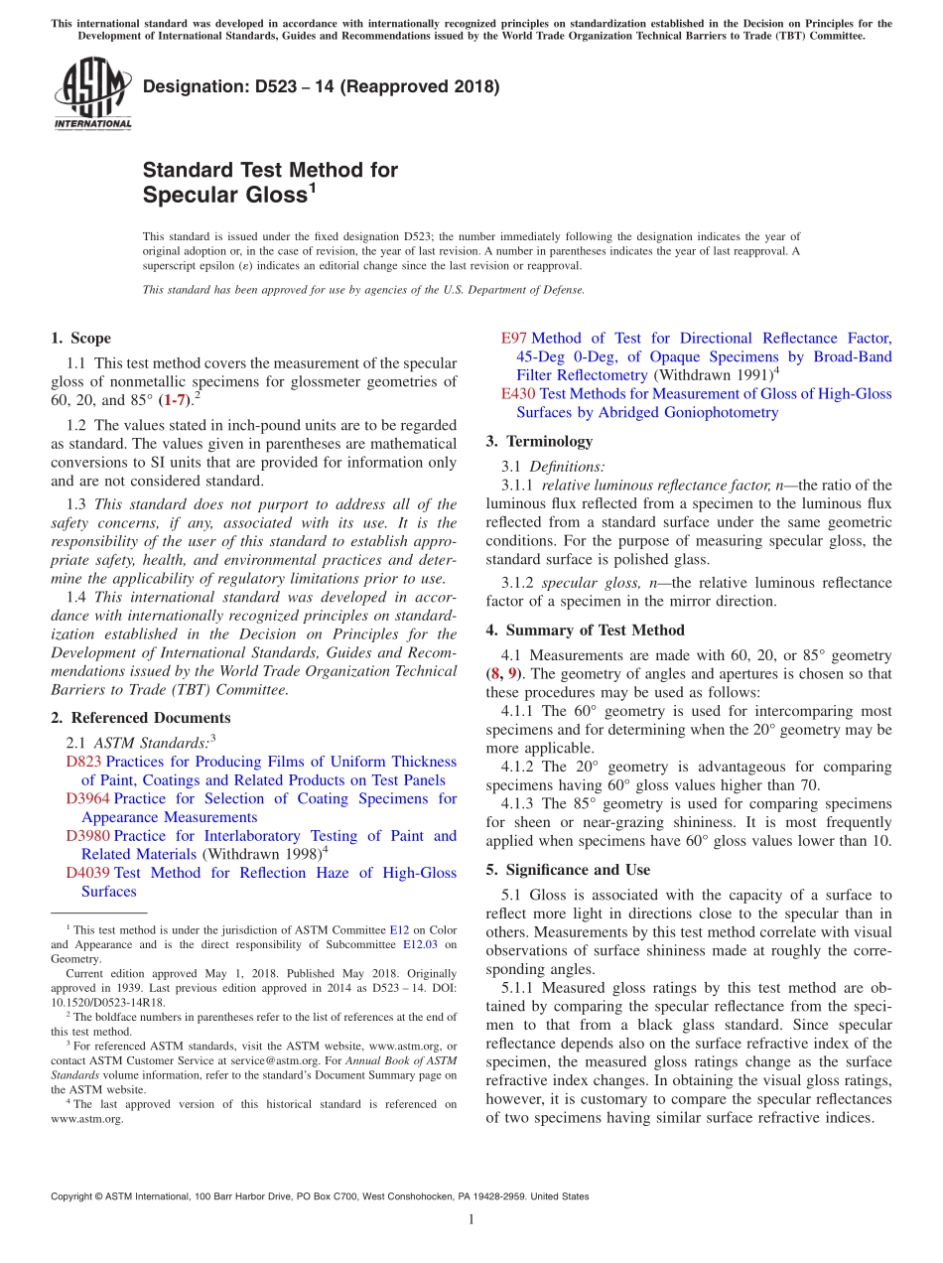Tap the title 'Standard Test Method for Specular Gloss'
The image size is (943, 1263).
pos(270,182)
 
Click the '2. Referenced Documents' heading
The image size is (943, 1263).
pos(140,718)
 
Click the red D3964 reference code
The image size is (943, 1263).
pos(87,798)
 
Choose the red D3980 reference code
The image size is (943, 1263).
pos(87,836)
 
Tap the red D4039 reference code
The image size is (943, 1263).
pos(87,873)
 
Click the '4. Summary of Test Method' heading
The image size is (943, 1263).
pos(585,630)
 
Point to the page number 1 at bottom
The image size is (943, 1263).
pos(471,1220)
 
